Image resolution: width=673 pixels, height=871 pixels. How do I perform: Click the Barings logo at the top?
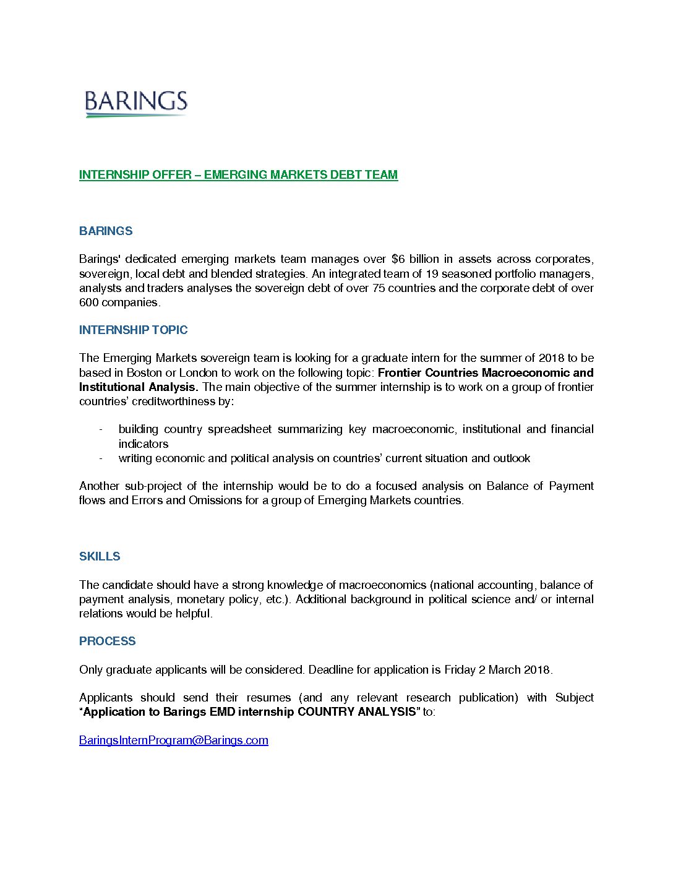coord(136,103)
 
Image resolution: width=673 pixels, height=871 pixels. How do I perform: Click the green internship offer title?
coord(238,175)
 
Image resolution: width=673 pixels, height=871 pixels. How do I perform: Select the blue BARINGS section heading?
coord(106,231)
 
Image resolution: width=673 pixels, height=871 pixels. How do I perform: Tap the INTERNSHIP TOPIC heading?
coord(133,330)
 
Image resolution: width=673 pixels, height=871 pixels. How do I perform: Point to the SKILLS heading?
coord(100,557)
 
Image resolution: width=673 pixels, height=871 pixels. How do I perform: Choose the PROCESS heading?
coord(107,641)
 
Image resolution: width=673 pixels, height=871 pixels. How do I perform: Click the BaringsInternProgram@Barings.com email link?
coord(174,740)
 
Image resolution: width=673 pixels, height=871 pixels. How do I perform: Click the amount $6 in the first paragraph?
coord(398,259)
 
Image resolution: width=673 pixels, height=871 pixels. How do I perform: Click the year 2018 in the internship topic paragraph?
coord(552,358)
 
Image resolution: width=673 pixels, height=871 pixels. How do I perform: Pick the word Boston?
coord(144,373)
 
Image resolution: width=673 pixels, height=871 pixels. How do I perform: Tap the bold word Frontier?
coord(400,373)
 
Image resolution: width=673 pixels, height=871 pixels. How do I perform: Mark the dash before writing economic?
coord(100,458)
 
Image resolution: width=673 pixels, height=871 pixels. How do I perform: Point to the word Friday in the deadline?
coord(460,670)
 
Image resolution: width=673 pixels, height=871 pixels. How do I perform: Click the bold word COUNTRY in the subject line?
coord(325,712)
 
